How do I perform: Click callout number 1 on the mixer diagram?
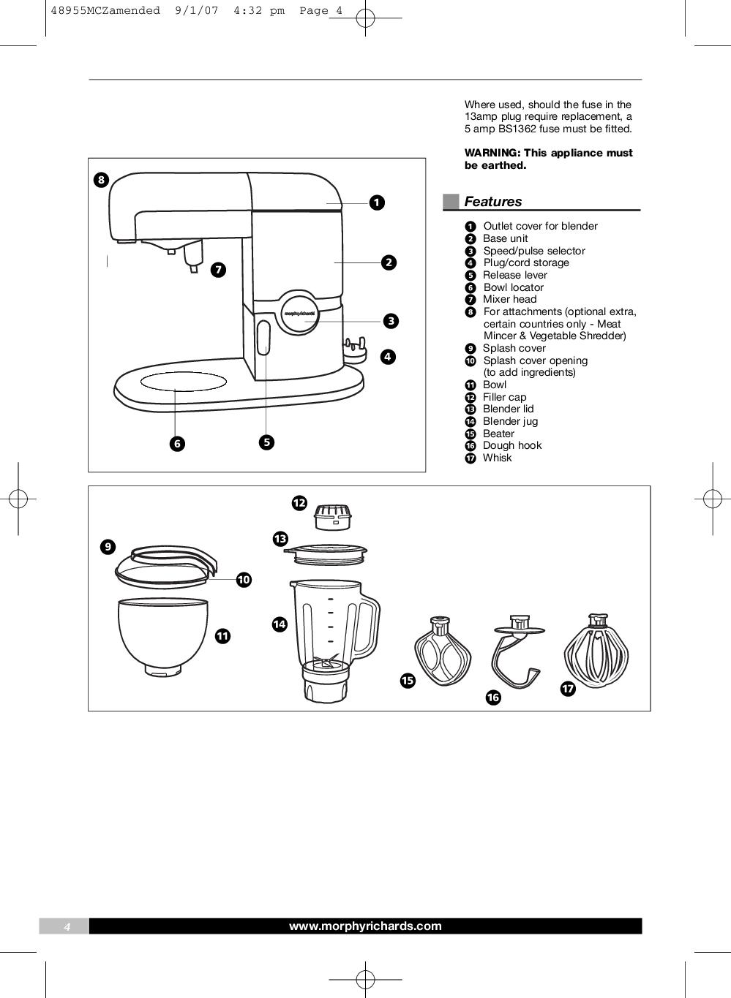point(376,203)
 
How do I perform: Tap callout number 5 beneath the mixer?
point(266,442)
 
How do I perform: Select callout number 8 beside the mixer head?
point(100,180)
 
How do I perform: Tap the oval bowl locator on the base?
point(184,382)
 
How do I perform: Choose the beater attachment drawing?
point(441,651)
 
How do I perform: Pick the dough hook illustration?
point(517,653)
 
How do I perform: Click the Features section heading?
point(492,202)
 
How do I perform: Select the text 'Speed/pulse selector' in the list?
point(533,251)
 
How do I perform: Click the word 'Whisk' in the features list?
point(497,458)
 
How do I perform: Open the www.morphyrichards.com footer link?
point(365,926)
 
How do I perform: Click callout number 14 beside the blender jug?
point(280,624)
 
